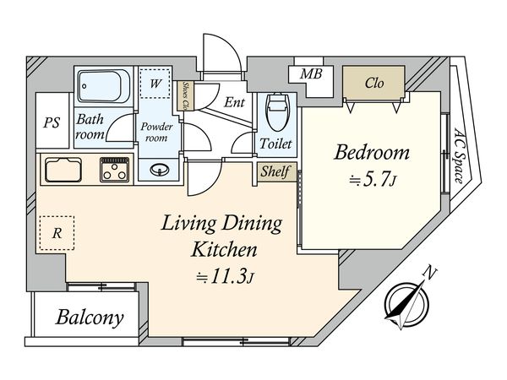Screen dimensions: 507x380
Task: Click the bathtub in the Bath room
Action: point(105,85)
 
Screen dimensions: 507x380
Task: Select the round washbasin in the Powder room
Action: point(160,170)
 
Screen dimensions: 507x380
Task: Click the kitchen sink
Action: point(63,170)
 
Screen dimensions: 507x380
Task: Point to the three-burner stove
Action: point(114,170)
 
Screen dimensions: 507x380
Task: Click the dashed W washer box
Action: point(155,84)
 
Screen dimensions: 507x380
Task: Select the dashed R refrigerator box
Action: point(57,233)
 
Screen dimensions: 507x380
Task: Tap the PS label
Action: point(52,122)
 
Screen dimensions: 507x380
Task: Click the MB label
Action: point(311,74)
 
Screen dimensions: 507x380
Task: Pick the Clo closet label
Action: point(374,83)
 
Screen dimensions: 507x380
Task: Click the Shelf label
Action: point(275,171)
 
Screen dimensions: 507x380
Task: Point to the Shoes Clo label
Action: point(186,95)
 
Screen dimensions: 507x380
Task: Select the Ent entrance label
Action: point(234,103)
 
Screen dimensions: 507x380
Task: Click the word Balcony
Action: point(90,318)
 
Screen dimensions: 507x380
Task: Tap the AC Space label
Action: point(460,155)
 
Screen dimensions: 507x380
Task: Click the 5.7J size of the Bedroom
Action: point(373,181)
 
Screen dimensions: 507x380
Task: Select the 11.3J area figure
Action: point(225,277)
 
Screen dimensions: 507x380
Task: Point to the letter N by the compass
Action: point(430,273)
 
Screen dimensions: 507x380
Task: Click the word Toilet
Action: point(275,144)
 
